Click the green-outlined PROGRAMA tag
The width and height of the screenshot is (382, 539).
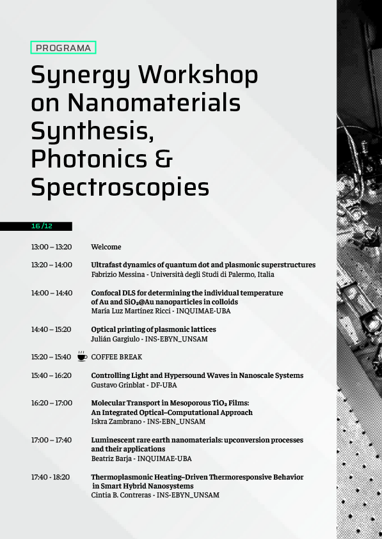pyautogui.click(x=63, y=47)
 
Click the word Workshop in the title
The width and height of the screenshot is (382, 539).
pyautogui.click(x=198, y=75)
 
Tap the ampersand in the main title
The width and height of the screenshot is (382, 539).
pyautogui.click(x=164, y=159)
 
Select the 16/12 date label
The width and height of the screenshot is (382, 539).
pyautogui.click(x=42, y=226)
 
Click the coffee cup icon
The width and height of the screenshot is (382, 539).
pyautogui.click(x=82, y=356)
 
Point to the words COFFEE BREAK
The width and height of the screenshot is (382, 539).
pyautogui.click(x=116, y=357)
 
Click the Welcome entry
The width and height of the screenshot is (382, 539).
pyautogui.click(x=106, y=247)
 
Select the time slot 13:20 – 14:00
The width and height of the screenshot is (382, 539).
pyautogui.click(x=51, y=265)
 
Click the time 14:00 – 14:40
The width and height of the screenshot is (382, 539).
pyautogui.click(x=51, y=293)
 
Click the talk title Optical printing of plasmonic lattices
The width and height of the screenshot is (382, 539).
pyautogui.click(x=154, y=329)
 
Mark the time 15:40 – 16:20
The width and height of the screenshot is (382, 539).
pyautogui.click(x=51, y=375)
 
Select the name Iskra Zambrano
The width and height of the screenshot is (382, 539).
pyautogui.click(x=115, y=422)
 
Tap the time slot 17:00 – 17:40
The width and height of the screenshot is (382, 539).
pyautogui.click(x=51, y=440)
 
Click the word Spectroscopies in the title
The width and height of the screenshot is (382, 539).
pyautogui.click(x=120, y=187)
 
